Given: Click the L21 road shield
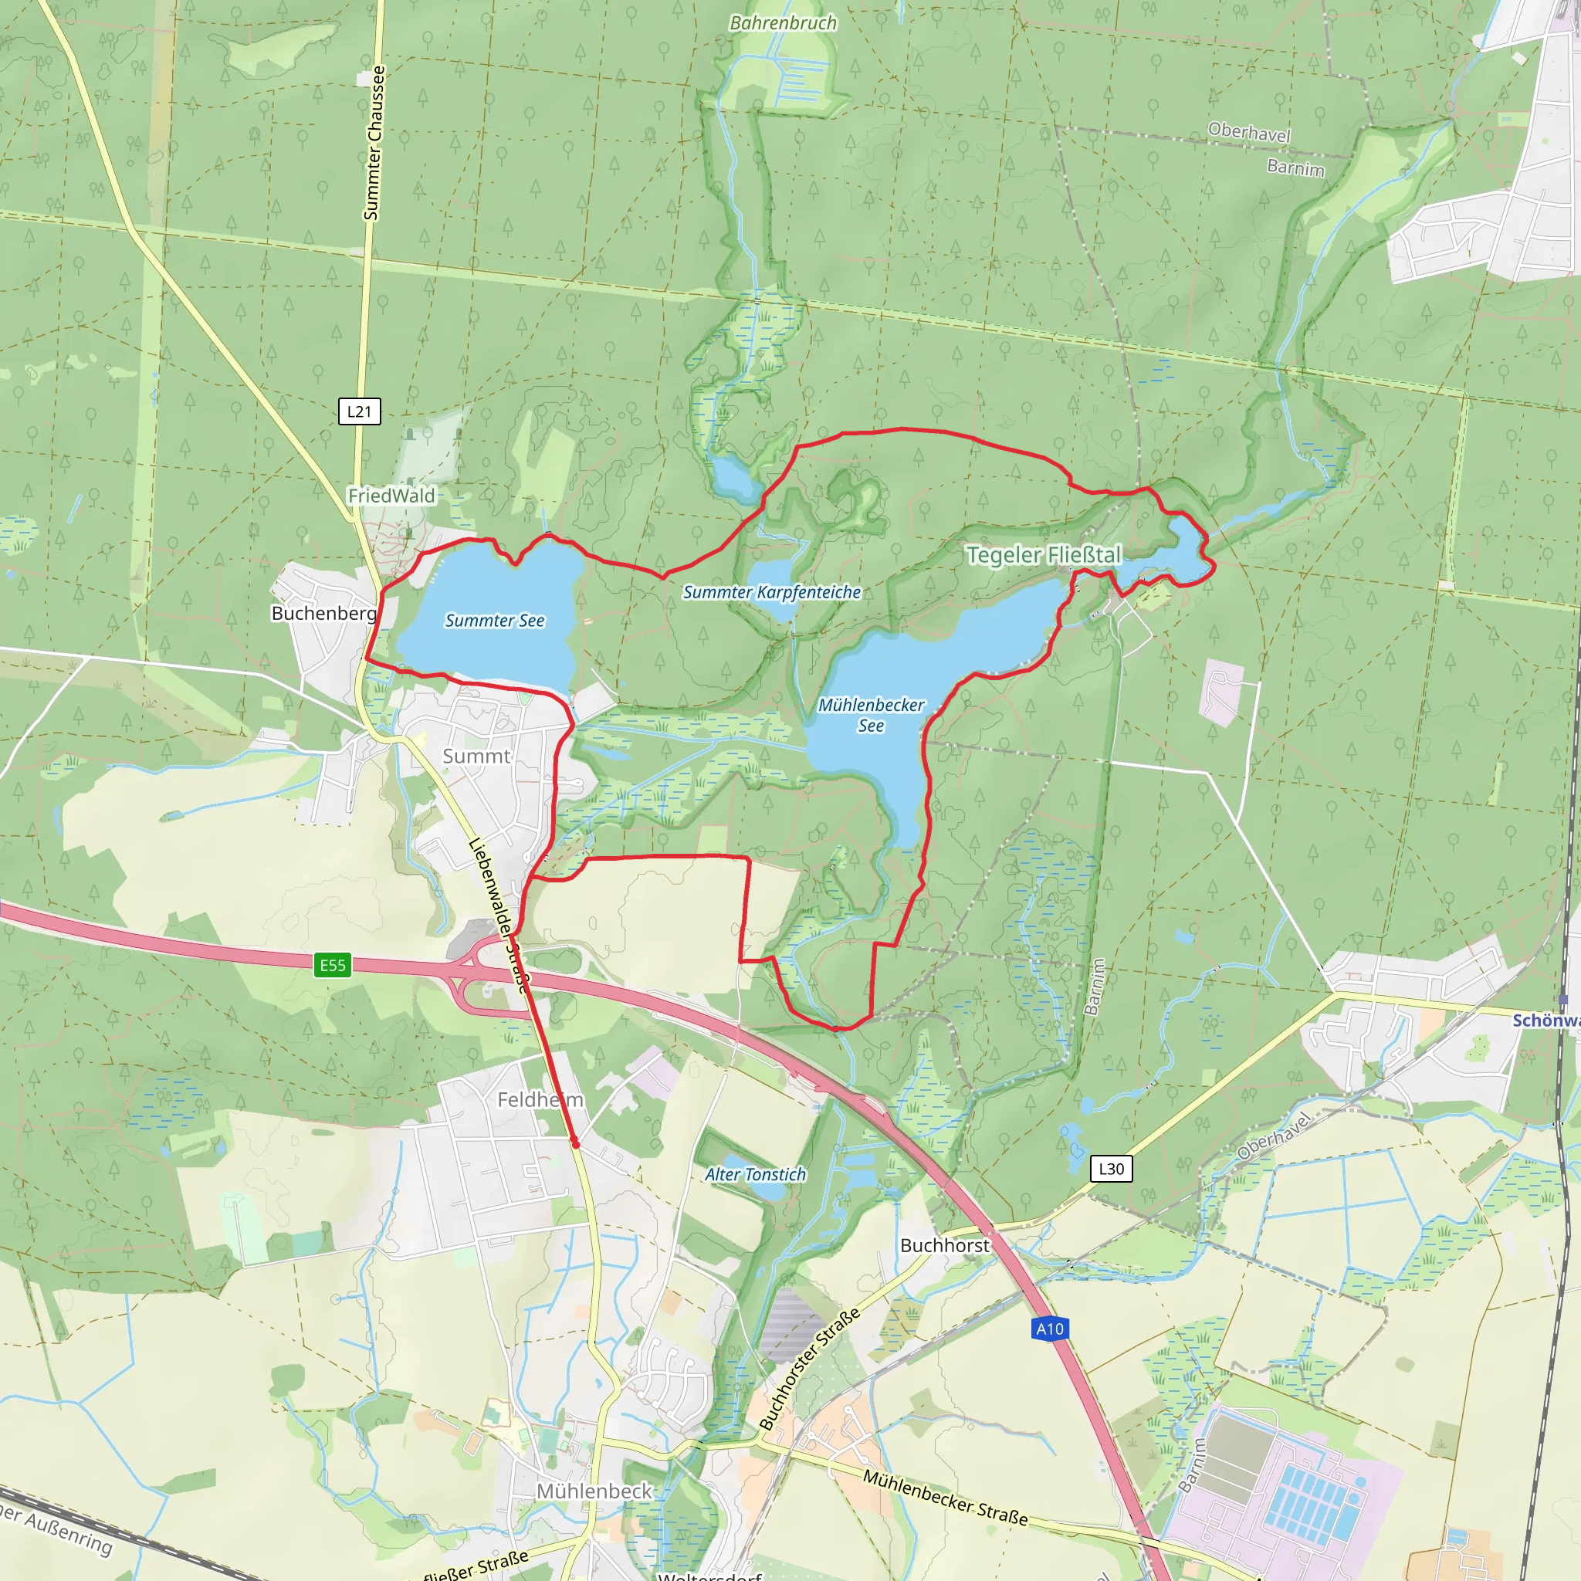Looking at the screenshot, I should [359, 411].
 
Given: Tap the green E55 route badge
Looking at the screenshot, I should [332, 965].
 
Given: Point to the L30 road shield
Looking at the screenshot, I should [1112, 1169].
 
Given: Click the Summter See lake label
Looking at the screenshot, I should [494, 621].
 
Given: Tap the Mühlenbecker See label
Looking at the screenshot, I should [871, 714].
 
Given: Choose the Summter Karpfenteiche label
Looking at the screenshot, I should [772, 591].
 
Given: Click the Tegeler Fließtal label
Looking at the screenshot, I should [1044, 555].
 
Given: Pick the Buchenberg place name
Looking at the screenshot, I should [324, 613].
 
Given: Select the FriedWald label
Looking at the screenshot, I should [391, 495].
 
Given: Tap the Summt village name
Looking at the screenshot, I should [476, 756].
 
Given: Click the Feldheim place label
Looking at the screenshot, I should [540, 1099].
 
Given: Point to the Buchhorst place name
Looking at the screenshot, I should [944, 1244].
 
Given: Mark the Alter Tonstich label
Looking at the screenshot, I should [755, 1174].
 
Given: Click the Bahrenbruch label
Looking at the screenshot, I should [783, 23].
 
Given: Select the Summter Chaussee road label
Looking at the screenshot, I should [373, 144].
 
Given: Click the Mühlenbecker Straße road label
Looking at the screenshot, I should [945, 1498].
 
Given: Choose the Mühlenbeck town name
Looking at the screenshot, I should [594, 1491].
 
